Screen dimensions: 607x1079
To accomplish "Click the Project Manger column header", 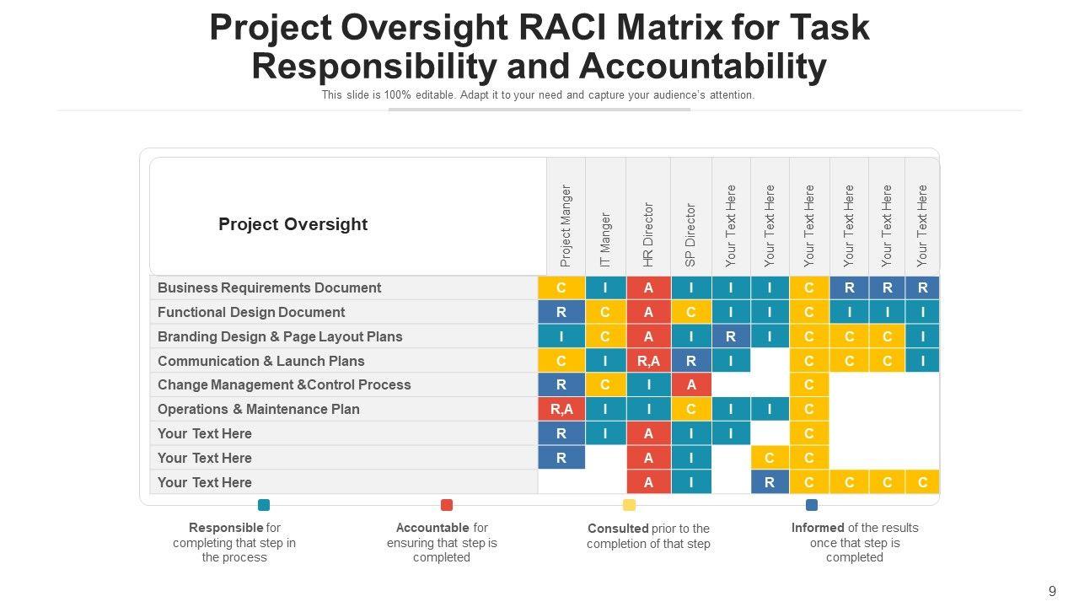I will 566,225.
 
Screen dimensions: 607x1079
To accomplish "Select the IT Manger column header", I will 605,240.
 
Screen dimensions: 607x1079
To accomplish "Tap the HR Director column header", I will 648,234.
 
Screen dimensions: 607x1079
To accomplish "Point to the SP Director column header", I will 690,235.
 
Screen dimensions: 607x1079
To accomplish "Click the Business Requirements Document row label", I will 269,287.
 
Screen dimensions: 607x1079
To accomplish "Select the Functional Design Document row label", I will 251,312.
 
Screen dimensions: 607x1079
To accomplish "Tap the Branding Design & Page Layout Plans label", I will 280,336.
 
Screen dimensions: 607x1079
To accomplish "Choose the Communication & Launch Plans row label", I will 261,361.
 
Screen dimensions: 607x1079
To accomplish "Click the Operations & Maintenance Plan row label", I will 259,409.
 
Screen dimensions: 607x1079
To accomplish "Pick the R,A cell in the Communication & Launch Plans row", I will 648,361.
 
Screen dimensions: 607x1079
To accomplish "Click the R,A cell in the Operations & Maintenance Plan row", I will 561,409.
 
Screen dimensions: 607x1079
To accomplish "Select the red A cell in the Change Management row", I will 691,384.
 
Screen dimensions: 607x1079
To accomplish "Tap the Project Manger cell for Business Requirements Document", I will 561,287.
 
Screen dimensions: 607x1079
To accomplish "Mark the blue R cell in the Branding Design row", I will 731,336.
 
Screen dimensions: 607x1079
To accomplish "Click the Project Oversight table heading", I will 293,224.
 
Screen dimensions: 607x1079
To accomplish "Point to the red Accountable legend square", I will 447,505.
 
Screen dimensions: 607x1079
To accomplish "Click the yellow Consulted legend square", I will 629,505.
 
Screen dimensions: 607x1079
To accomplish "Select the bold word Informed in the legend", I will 818,528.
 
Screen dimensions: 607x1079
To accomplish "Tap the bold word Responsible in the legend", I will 226,528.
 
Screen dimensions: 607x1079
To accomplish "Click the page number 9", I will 1052,591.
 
